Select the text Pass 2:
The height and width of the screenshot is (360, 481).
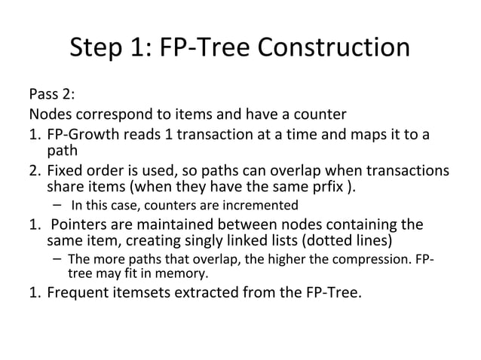(x=51, y=96)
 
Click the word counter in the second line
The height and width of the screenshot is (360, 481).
(x=320, y=115)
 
